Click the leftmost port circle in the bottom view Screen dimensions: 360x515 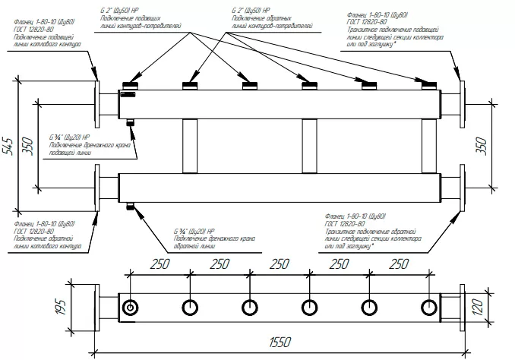tap(130, 308)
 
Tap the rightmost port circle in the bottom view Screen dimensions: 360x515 tap(428, 308)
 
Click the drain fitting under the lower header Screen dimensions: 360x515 tap(131, 204)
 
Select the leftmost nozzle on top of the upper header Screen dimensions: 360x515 tap(130, 84)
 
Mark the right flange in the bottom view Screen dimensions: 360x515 tap(460, 308)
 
